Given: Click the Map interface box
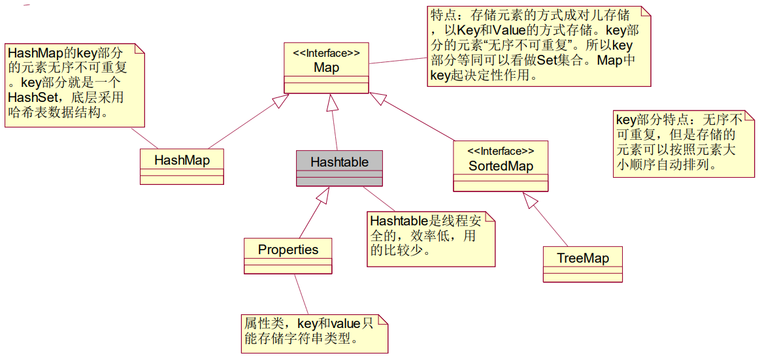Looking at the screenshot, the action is click(326, 67).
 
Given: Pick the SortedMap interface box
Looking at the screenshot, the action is click(501, 166).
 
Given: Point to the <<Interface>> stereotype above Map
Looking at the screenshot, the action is click(326, 53).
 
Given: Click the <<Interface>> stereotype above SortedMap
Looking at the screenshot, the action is click(501, 152).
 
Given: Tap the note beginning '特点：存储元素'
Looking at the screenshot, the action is click(539, 45).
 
